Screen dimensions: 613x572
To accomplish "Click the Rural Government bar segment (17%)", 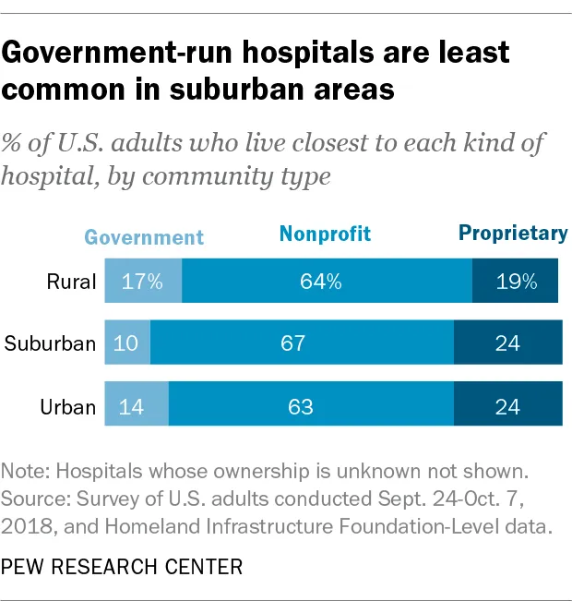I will [x=143, y=282].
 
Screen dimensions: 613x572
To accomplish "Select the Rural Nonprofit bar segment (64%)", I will [x=327, y=282].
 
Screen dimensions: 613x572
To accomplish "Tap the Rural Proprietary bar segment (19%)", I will [x=515, y=282].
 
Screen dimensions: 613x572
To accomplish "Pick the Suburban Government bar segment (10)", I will [x=127, y=343].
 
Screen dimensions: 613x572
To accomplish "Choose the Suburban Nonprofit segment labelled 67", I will [x=302, y=343].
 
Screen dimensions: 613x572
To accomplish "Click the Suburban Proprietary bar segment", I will [x=507, y=343].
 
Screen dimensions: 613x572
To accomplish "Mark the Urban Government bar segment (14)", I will [x=137, y=405].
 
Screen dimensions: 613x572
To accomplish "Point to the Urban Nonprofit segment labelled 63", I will [x=311, y=405].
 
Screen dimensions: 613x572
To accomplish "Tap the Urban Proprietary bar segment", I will [x=507, y=405].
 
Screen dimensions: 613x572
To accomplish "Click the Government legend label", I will [x=144, y=236].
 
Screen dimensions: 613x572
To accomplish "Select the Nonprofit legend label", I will [x=325, y=234].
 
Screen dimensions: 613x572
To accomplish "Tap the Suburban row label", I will [x=50, y=344].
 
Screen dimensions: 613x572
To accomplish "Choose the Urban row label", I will [x=67, y=406].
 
